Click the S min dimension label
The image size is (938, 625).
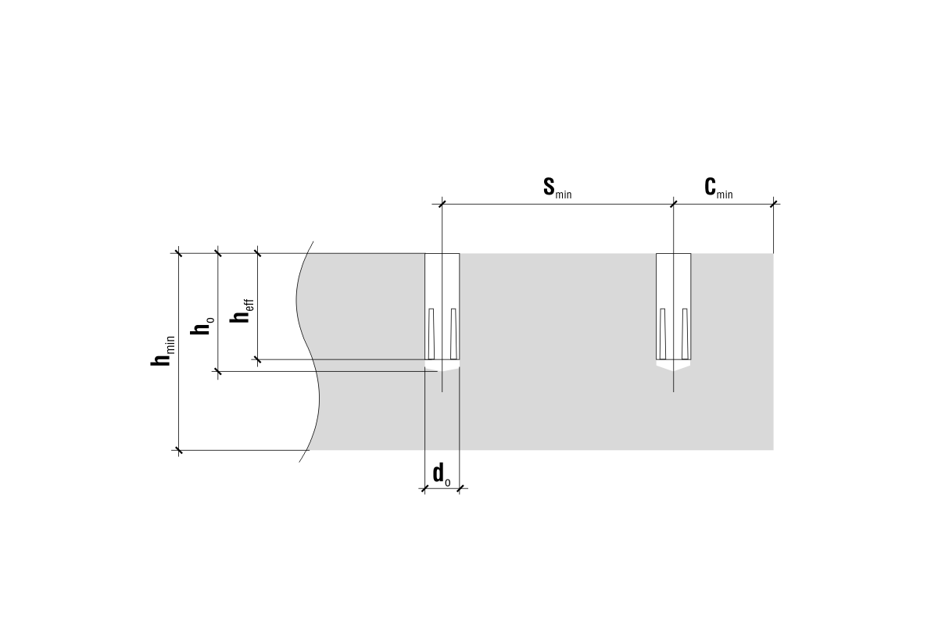pyautogui.click(x=557, y=187)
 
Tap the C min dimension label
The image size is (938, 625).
pyautogui.click(x=718, y=187)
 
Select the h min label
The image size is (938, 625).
pyautogui.click(x=163, y=352)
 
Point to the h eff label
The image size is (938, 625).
pyautogui.click(x=242, y=311)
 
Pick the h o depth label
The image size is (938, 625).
pyautogui.click(x=202, y=326)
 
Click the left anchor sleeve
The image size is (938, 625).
pyautogui.click(x=442, y=306)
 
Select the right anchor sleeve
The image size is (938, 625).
pyautogui.click(x=673, y=306)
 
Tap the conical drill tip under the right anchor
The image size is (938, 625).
pyautogui.click(x=673, y=366)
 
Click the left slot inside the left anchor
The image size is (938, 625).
pyautogui.click(x=431, y=334)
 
